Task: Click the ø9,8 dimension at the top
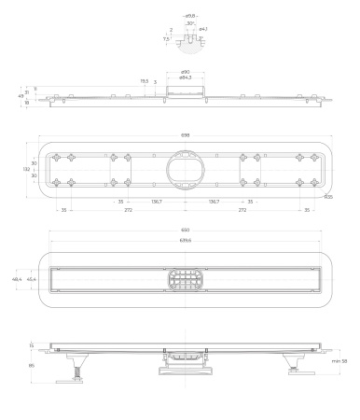click(190, 16)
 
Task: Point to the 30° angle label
click(190, 24)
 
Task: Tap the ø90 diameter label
click(186, 72)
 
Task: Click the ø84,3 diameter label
click(186, 77)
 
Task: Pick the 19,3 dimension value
click(144, 81)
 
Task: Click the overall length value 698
click(185, 135)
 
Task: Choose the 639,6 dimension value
click(185, 241)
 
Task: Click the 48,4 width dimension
click(17, 279)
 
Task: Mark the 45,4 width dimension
click(32, 279)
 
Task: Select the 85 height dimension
click(32, 365)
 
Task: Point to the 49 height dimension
click(21, 95)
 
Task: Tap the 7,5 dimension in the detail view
click(166, 39)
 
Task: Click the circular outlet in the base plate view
click(185, 169)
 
